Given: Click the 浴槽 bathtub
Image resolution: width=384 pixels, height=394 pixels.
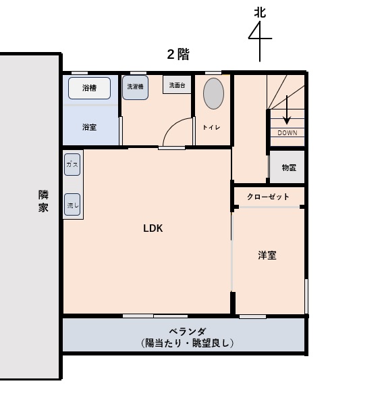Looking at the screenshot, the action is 89,88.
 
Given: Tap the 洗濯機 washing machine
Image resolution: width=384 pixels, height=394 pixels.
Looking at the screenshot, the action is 135,87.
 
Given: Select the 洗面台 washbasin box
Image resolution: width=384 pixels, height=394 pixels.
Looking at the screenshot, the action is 177,84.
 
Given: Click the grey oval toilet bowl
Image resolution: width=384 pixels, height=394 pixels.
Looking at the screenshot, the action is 213,93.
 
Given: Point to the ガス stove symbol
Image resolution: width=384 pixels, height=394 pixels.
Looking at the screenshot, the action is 72,165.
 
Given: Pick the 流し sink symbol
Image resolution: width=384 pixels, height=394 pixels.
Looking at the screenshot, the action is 72,205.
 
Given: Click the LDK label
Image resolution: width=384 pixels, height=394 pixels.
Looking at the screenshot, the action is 153,228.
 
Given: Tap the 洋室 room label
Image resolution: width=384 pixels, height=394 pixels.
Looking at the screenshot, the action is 267,255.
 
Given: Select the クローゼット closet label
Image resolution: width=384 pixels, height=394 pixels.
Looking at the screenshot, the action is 268,197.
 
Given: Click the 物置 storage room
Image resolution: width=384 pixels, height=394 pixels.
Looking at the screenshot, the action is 287,167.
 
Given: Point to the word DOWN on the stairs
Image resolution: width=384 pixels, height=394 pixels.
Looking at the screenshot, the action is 287,132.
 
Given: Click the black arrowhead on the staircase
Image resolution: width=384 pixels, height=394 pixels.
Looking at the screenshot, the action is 287,120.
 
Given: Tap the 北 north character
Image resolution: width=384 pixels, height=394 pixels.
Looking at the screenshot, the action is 260,13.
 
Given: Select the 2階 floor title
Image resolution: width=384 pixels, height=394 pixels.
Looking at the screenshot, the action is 178,54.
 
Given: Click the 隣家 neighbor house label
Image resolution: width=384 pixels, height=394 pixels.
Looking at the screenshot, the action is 43,201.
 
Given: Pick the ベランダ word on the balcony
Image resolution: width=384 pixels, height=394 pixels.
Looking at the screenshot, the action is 188,331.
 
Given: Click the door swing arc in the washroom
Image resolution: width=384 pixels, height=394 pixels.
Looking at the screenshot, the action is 174,125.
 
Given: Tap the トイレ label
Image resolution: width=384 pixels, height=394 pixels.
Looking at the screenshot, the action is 211,128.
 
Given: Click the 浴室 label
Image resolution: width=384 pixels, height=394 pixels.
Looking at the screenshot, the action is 89,127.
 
